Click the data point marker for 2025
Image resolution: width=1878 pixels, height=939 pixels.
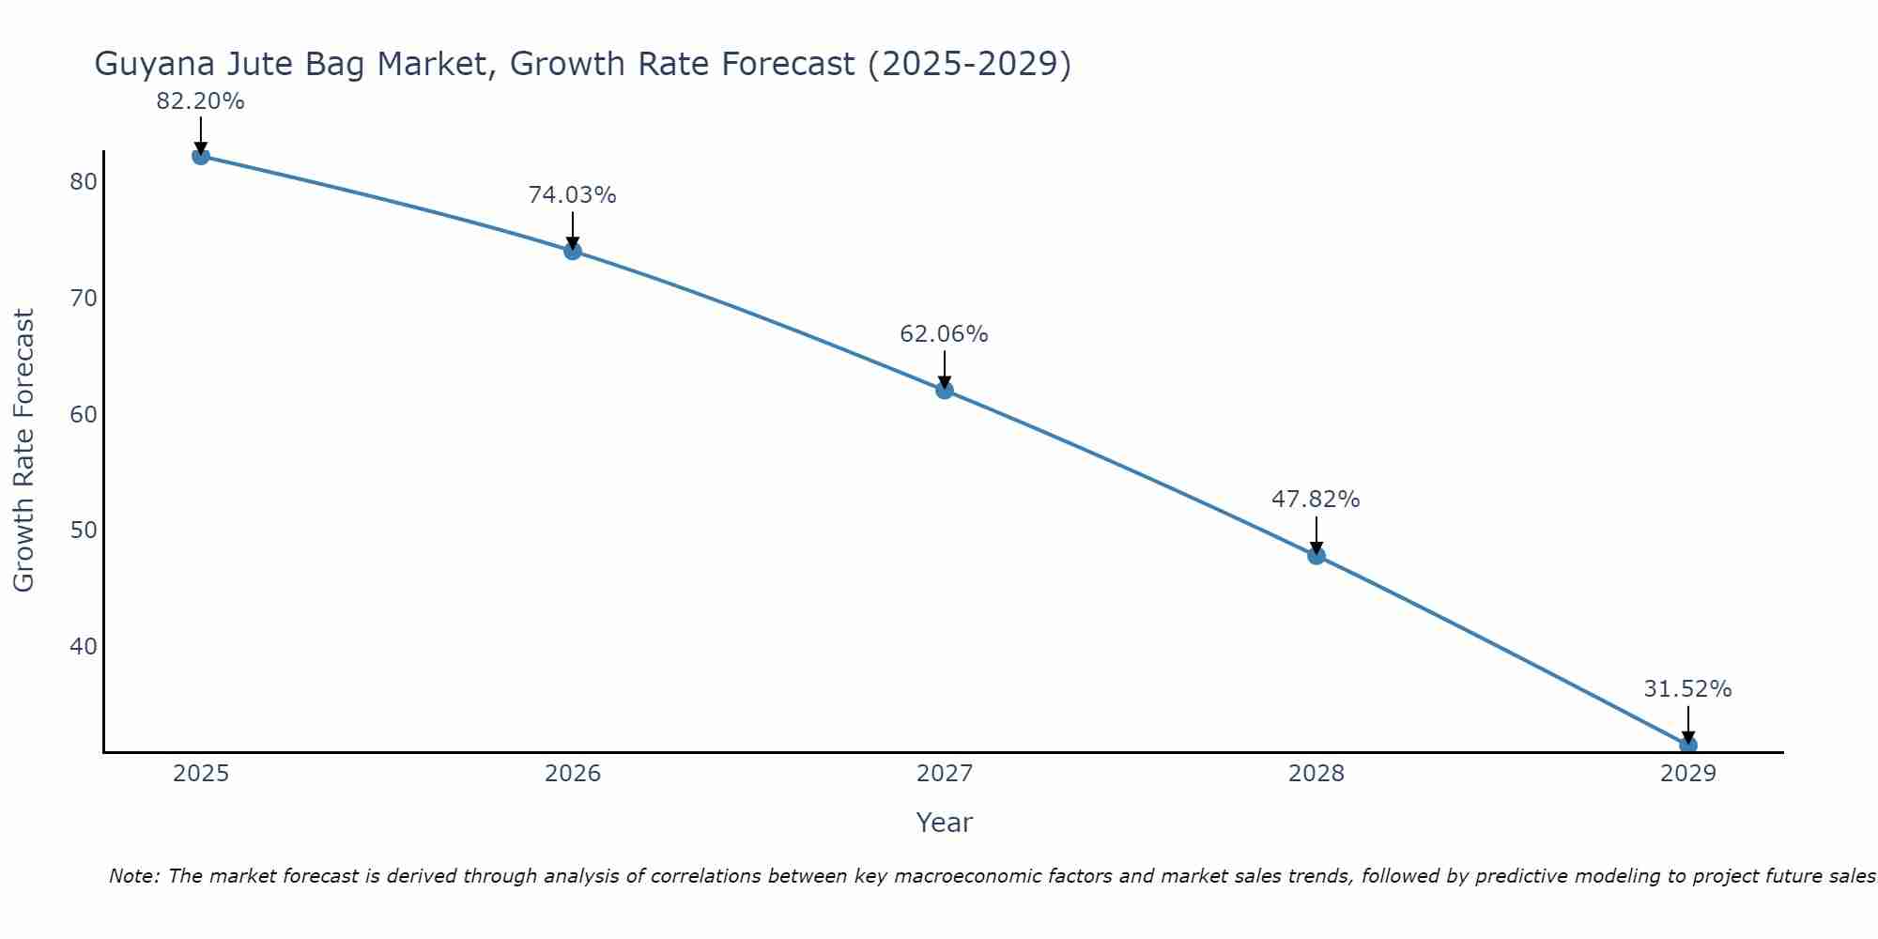pos(200,156)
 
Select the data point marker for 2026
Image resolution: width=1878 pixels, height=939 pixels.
pos(573,251)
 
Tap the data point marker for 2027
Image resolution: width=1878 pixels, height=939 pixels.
pos(945,390)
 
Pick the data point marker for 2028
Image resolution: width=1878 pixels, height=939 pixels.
pos(1316,555)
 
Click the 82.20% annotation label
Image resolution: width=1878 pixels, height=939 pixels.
pos(200,101)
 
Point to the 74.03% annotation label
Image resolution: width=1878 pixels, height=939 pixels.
pos(573,195)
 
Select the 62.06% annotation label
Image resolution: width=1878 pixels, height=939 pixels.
pos(945,334)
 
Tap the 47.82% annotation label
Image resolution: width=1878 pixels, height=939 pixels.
pos(1316,500)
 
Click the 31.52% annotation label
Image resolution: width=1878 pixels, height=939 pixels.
pos(1687,689)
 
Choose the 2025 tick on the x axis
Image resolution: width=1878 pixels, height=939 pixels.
pos(201,774)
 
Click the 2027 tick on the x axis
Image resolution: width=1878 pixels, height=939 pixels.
pos(945,774)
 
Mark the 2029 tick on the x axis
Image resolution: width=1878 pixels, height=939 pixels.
pos(1687,774)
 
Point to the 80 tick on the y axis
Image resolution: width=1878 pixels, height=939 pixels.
pos(84,182)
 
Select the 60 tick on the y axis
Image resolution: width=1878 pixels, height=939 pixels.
pos(84,414)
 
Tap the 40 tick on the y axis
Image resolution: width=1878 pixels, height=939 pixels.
pos(84,646)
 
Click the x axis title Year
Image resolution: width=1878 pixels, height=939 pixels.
pos(945,823)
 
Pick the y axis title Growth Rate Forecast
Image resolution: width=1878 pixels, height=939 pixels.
pos(24,451)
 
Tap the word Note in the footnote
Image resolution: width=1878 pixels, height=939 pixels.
pos(132,877)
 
